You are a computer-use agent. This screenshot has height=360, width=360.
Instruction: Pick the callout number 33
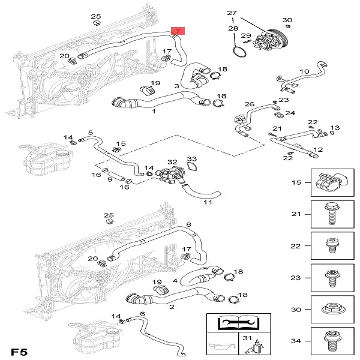pyautogui.click(x=191, y=159)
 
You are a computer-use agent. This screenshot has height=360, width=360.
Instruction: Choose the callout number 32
pyautogui.click(x=172, y=162)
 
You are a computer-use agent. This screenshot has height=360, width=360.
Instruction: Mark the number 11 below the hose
pyautogui.click(x=208, y=202)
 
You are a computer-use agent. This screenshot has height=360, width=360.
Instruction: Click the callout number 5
pyautogui.click(x=90, y=133)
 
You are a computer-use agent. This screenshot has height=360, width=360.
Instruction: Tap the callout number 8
pyautogui.click(x=188, y=225)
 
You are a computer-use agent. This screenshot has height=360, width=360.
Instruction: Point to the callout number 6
pyautogui.click(x=142, y=314)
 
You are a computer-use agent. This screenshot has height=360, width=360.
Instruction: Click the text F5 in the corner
pyautogui.click(x=19, y=349)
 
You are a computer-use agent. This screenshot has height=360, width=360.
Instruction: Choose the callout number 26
pyautogui.click(x=250, y=104)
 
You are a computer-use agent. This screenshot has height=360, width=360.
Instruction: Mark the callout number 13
pyautogui.click(x=335, y=128)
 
